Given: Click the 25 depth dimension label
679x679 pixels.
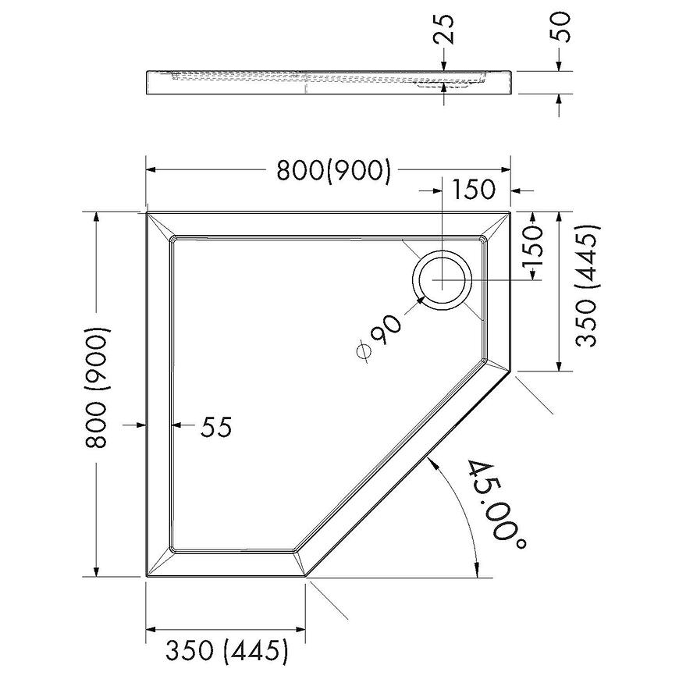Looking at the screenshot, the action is tap(444, 30).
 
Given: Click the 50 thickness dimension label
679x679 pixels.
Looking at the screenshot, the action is tap(560, 27).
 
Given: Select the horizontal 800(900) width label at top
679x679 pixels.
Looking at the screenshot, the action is tap(334, 170).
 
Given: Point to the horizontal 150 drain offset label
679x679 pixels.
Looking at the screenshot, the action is tap(473, 189).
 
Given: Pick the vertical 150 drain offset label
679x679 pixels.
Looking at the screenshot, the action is tap(532, 247).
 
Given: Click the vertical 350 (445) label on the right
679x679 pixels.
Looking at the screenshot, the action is tap(587, 286).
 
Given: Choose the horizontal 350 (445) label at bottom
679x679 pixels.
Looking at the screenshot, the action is tap(226, 649).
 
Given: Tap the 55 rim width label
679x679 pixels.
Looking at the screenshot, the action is tap(216, 427).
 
